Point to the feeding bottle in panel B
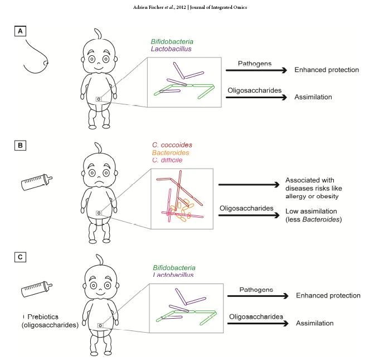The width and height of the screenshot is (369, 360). point(36,179)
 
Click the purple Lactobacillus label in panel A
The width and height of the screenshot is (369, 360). point(172,49)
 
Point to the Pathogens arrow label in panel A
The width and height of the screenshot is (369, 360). point(255,64)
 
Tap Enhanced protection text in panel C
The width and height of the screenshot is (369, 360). point(328,295)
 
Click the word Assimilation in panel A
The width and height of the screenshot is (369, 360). point(314,97)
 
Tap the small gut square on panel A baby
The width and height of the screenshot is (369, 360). point(99,99)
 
